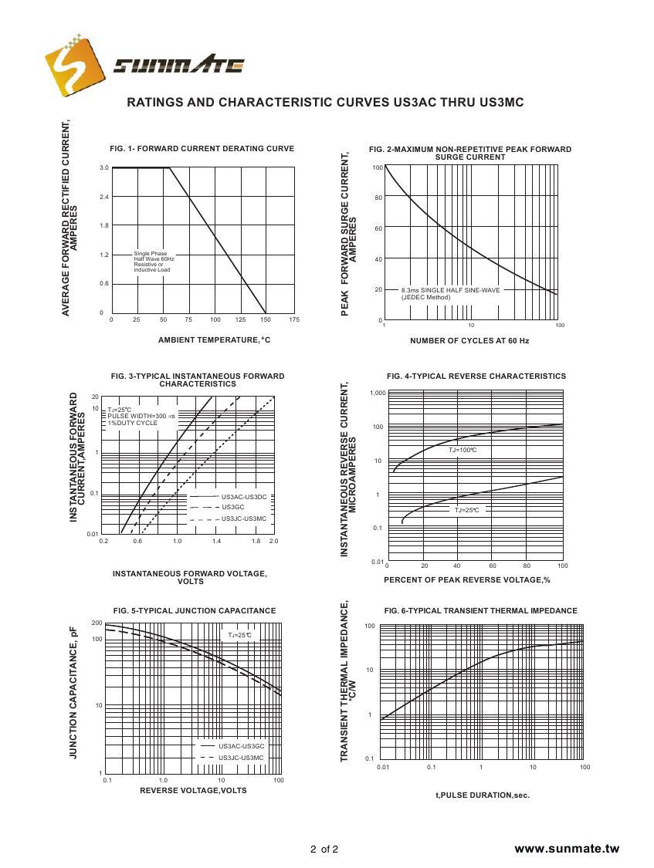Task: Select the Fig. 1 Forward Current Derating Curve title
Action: point(202,149)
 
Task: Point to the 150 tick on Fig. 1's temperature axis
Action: point(266,319)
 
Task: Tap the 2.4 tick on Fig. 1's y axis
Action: point(103,197)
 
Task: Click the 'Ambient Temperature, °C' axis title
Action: point(214,339)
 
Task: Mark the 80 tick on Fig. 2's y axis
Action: point(378,198)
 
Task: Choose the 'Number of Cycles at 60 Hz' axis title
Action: point(469,340)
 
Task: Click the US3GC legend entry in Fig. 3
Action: point(232,507)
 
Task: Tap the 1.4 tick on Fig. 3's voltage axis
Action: point(216,542)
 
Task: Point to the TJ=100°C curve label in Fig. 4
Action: point(463,450)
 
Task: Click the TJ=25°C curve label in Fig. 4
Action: point(466,510)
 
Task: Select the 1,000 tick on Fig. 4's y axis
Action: point(378,393)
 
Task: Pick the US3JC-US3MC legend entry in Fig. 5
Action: point(241,758)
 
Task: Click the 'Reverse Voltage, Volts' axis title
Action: point(193,791)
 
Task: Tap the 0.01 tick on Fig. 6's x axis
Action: point(382,767)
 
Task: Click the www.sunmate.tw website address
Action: point(567,849)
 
